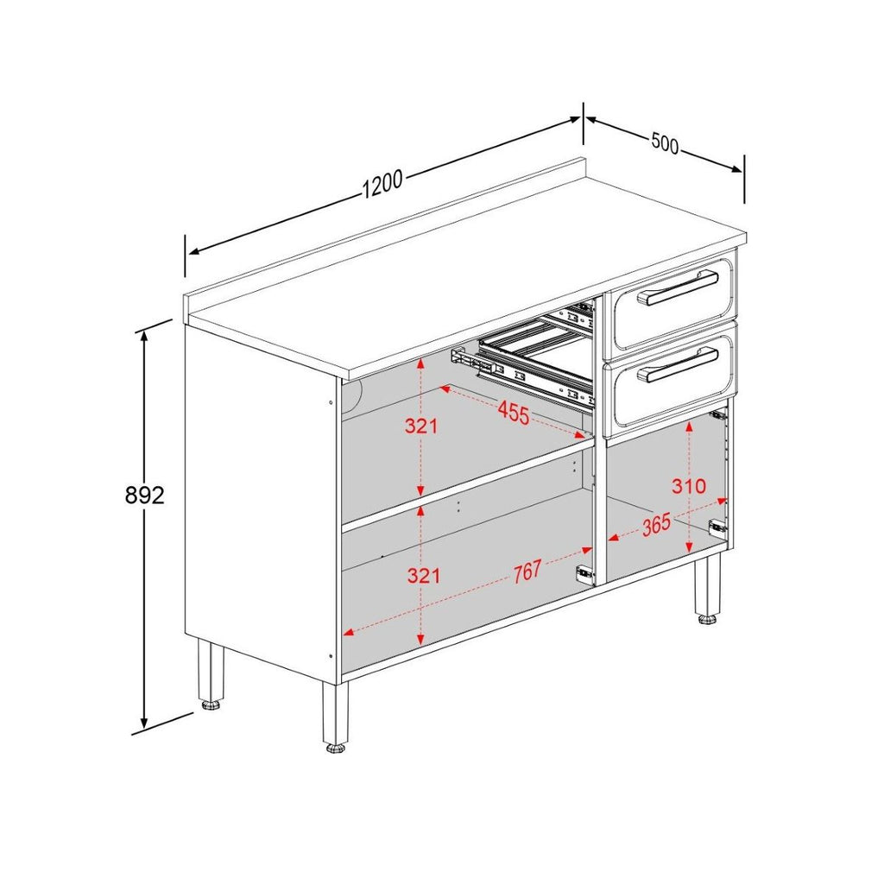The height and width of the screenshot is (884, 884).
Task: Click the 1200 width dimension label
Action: tap(382, 184)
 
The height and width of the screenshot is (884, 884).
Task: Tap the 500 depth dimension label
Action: tap(665, 143)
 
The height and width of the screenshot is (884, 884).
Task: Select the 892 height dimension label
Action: tap(144, 495)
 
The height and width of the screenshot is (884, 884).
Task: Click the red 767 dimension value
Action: tap(526, 571)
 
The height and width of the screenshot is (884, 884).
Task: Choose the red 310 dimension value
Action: tap(689, 486)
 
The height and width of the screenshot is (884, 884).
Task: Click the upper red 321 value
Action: tap(421, 426)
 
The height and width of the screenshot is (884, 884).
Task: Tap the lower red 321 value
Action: tap(422, 576)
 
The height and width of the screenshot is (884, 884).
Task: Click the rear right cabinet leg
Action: tap(708, 587)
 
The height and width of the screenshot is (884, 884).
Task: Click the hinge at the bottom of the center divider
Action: tap(585, 571)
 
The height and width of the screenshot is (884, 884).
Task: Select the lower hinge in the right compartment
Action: tap(717, 526)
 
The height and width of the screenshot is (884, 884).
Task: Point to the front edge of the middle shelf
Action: tap(466, 484)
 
